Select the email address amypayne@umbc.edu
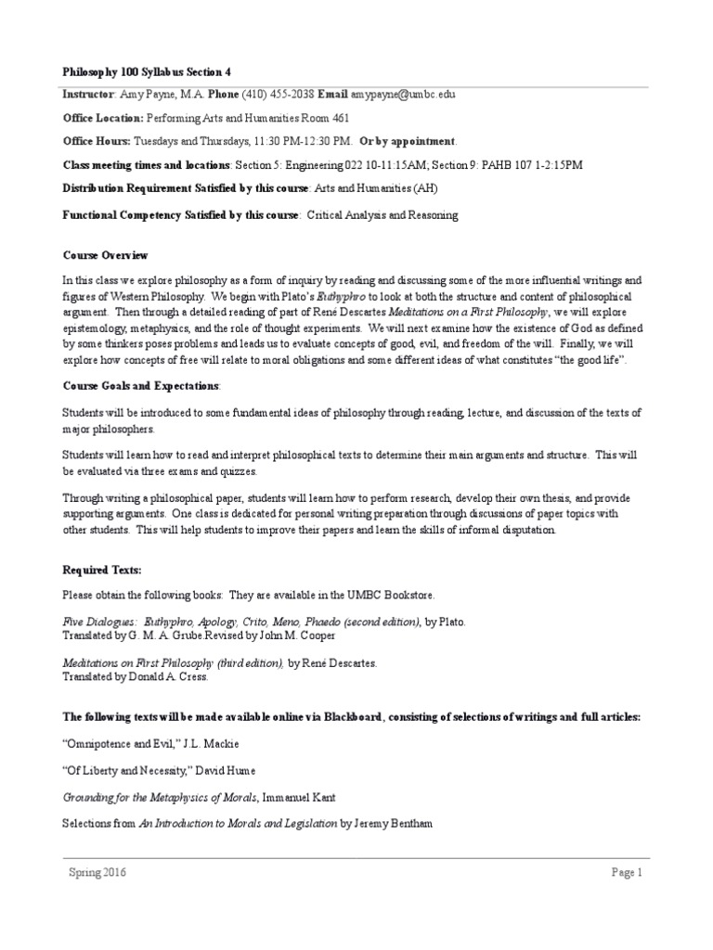tap(402, 95)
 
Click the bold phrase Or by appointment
tap(408, 141)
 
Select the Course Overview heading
tap(105, 255)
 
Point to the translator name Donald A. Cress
tap(175, 677)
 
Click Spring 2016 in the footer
tap(97, 872)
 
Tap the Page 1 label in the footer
tap(627, 872)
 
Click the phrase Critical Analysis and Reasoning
tap(382, 214)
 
